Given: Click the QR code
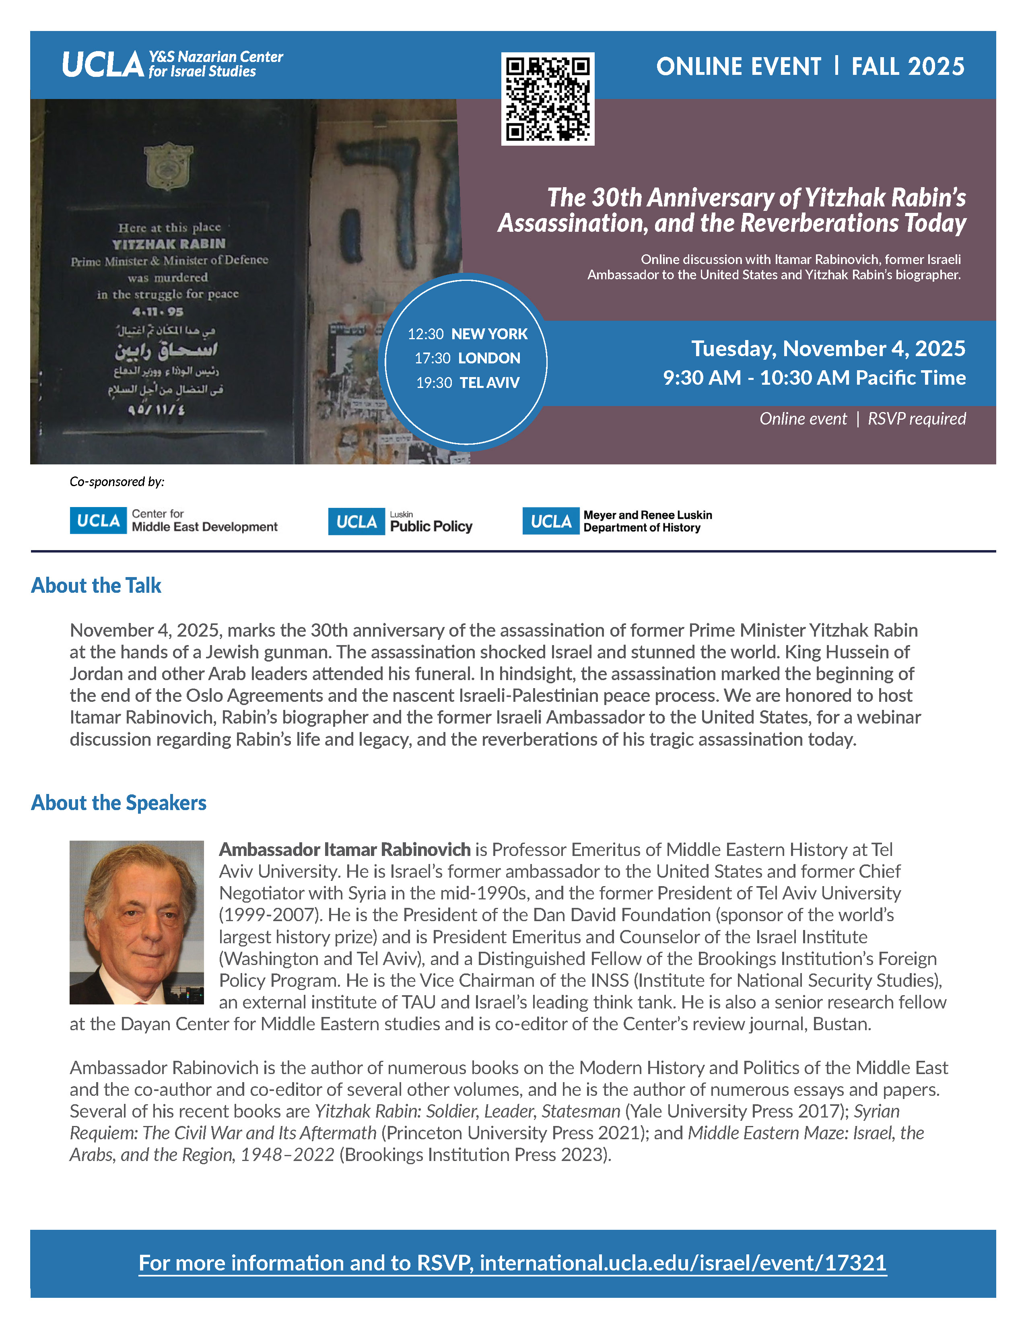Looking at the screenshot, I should coord(547,99).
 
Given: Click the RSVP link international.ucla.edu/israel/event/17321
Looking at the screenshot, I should coord(682,1262).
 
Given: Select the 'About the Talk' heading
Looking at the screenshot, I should coord(96,585).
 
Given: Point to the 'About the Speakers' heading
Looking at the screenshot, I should coord(119,803).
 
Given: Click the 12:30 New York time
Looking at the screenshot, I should coord(468,334).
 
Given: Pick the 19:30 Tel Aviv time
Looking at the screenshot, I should coord(468,382).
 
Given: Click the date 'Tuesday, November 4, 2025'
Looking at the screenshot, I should coord(828,348).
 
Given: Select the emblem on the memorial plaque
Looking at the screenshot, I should coord(168,167).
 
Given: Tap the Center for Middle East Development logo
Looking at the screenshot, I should coord(174,520).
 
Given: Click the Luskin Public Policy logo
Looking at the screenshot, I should coord(400,522).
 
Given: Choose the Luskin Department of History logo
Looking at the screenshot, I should coord(617,521).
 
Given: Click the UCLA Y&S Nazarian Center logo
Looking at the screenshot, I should coord(173,64).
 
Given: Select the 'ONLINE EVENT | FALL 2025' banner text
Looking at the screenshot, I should coord(810,66).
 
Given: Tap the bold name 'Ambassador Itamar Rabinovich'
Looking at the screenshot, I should coord(345,850).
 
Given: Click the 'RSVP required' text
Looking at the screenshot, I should coord(916,419).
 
